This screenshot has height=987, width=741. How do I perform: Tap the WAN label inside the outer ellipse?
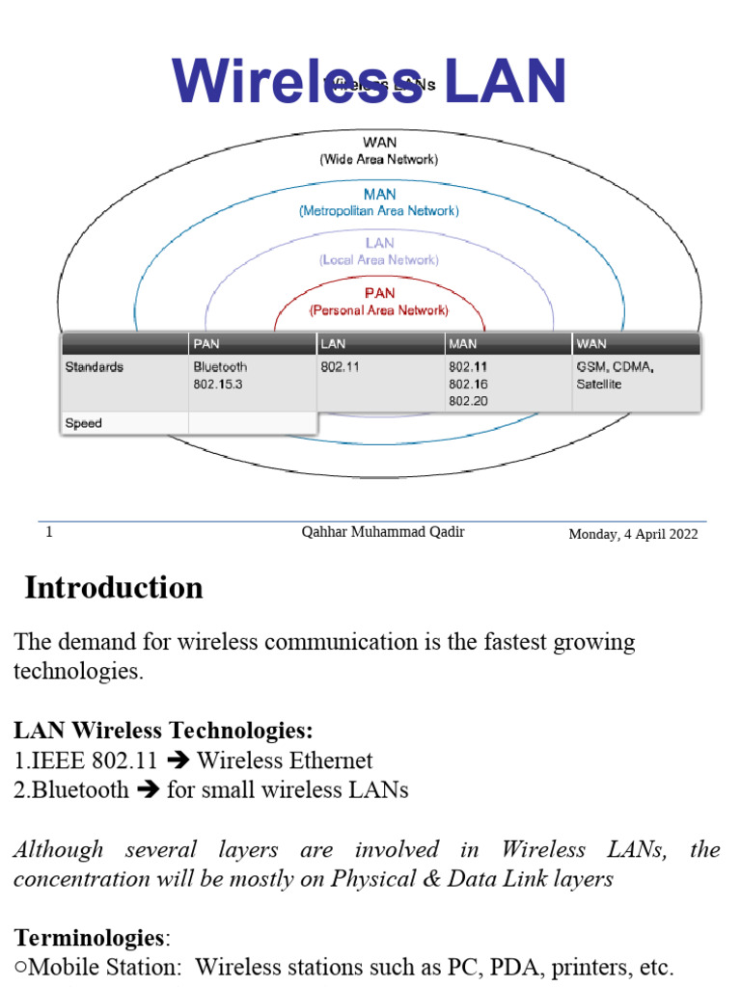click(x=379, y=143)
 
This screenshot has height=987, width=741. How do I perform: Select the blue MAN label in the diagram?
click(x=379, y=194)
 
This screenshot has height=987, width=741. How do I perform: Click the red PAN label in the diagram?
click(x=379, y=293)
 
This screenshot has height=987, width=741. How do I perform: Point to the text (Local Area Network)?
click(x=379, y=260)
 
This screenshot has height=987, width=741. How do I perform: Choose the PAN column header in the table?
click(x=206, y=343)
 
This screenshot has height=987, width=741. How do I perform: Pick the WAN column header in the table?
click(x=591, y=343)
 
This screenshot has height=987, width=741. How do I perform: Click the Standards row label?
click(x=94, y=367)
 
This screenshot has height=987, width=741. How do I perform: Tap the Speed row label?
click(x=83, y=423)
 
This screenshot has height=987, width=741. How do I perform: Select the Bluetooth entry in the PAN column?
click(x=220, y=367)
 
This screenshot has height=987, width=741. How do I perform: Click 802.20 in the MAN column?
click(x=468, y=401)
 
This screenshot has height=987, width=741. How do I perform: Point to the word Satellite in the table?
click(x=599, y=384)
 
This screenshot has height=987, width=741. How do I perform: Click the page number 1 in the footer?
click(x=49, y=532)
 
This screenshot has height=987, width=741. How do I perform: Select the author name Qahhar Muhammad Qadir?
click(x=383, y=532)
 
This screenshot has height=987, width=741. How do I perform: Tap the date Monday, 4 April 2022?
click(x=633, y=534)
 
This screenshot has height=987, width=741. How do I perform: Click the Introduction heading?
click(x=114, y=587)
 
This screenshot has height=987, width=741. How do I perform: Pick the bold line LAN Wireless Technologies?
click(x=163, y=732)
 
